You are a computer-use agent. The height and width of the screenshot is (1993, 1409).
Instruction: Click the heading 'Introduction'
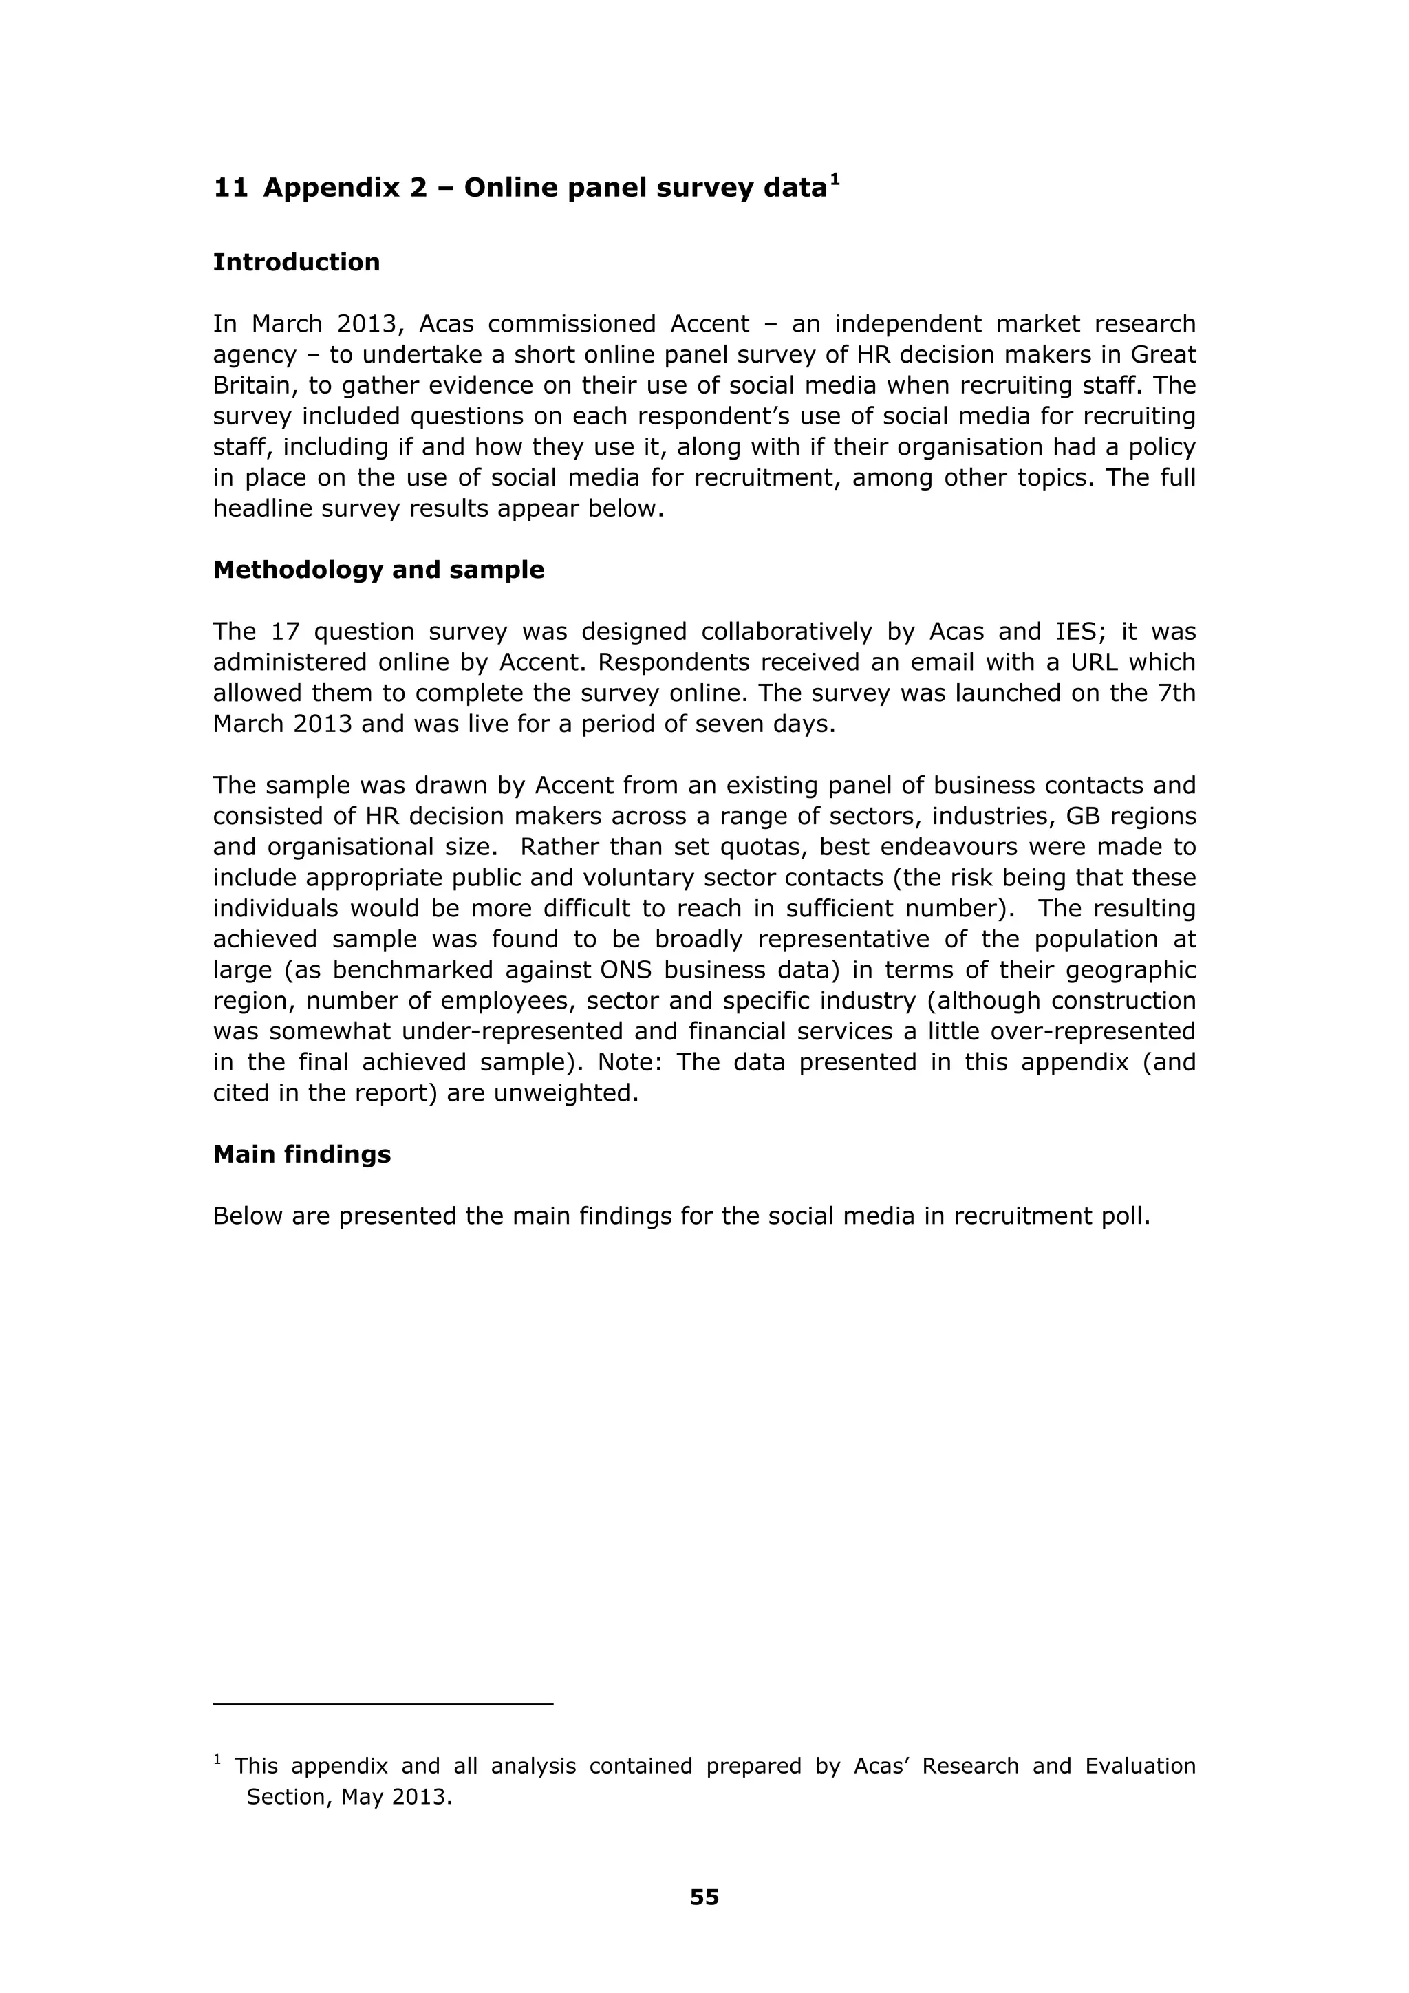[296, 262]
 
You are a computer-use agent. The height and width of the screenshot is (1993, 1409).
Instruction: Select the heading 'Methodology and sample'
[378, 570]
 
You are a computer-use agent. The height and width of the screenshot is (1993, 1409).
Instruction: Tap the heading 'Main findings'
[301, 1154]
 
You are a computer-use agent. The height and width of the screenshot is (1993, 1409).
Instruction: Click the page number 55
[704, 1897]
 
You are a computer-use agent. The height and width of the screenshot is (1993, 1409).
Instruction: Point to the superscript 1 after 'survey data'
[835, 180]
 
